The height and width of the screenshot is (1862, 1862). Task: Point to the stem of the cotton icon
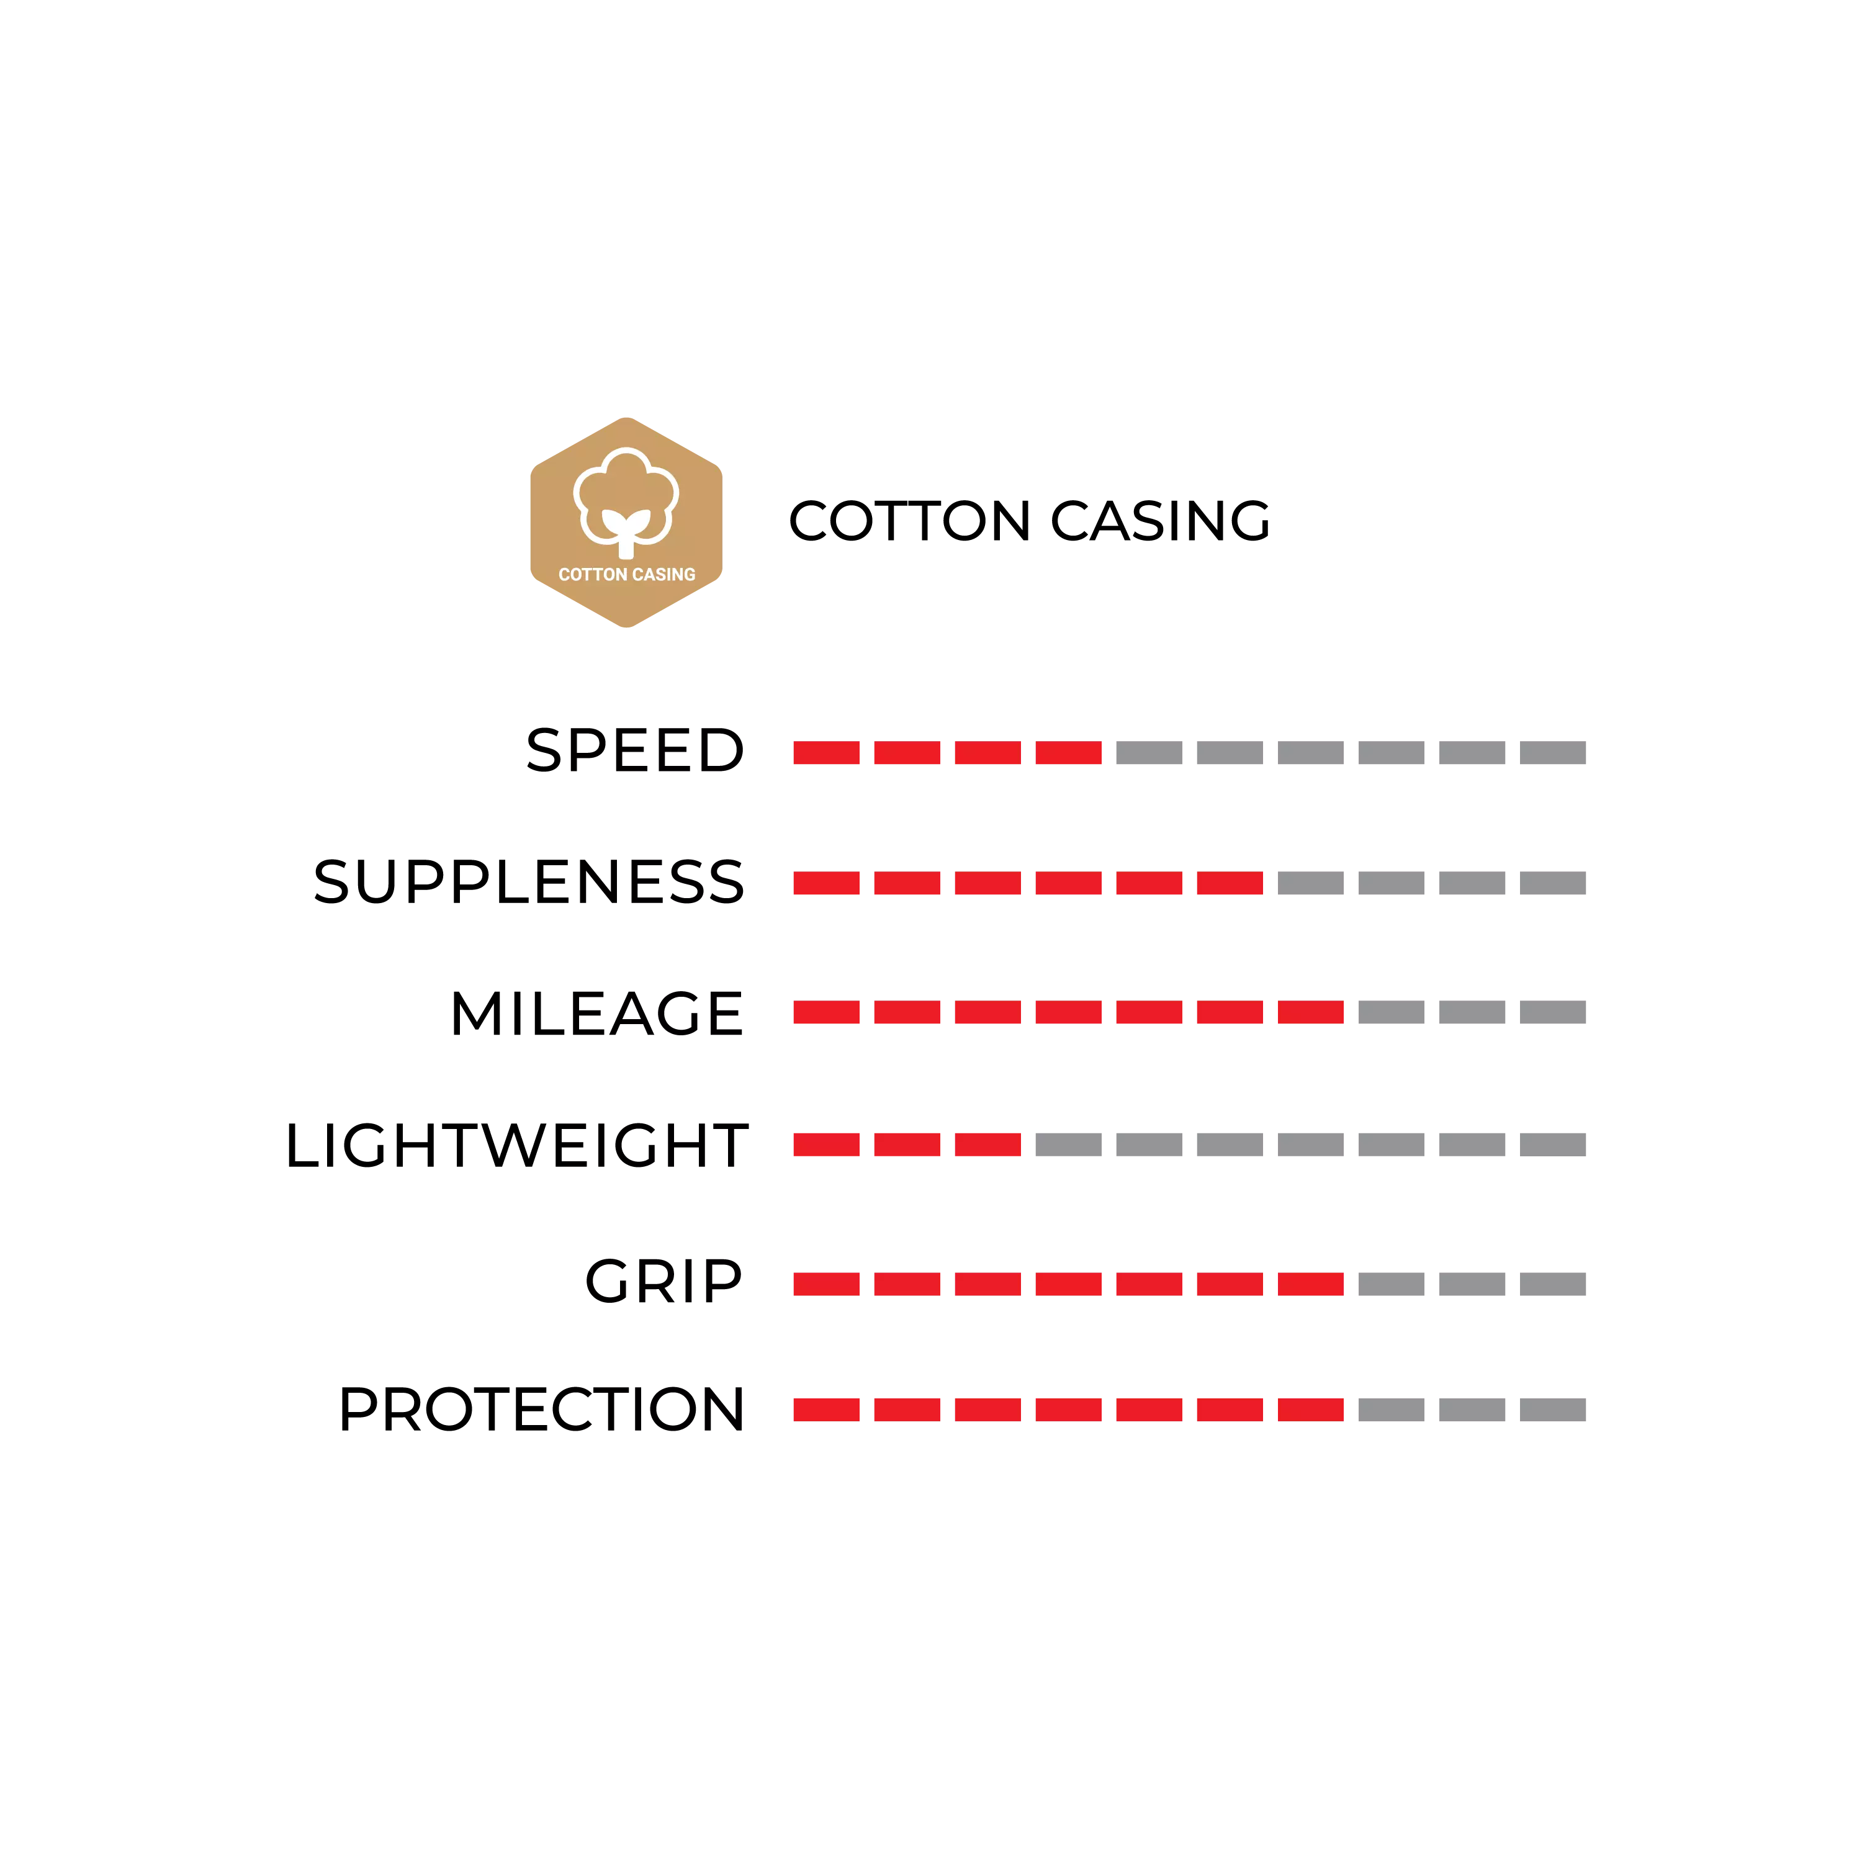click(626, 546)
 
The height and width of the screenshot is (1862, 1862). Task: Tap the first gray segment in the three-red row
click(1067, 1144)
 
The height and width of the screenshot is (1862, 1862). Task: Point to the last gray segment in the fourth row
click(1554, 1144)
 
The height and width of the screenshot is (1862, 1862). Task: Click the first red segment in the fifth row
click(826, 1284)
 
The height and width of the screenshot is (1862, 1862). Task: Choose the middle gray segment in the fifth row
click(1472, 1284)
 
